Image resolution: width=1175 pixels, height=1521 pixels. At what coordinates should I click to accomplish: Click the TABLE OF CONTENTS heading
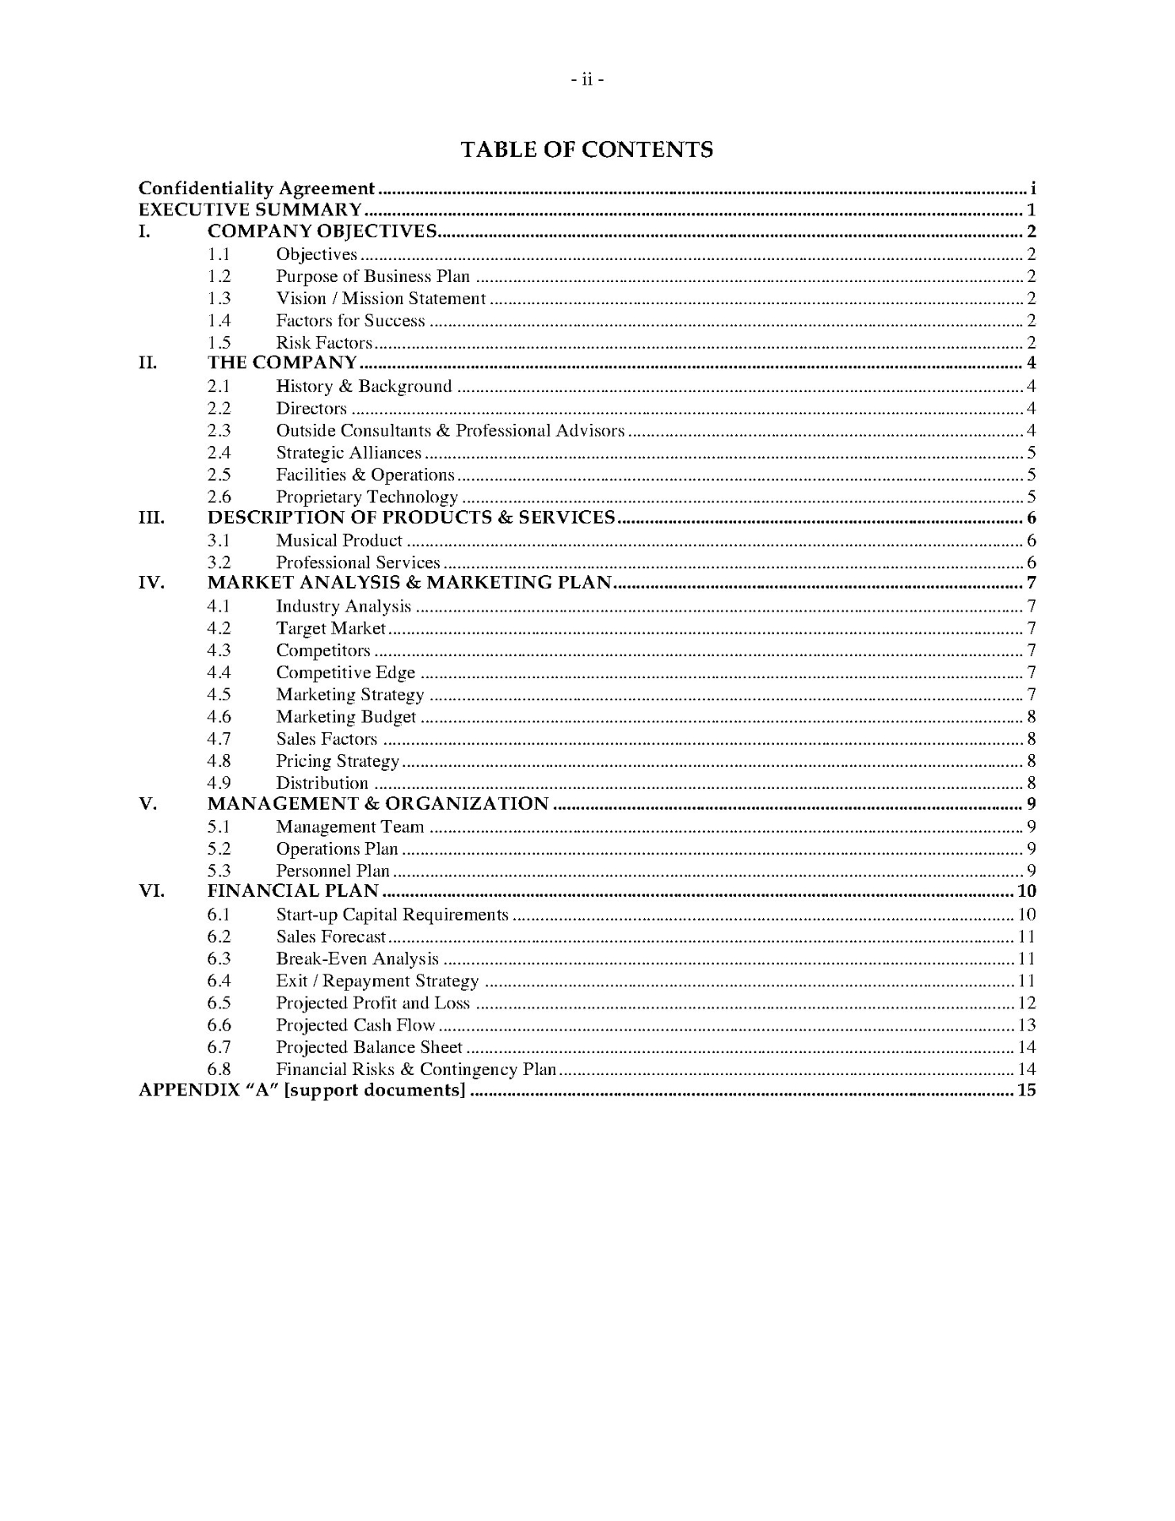[x=587, y=150]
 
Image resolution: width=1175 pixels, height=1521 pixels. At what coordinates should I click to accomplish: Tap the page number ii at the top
[x=587, y=79]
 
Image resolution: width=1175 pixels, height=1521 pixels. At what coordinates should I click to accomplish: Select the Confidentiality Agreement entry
[x=256, y=189]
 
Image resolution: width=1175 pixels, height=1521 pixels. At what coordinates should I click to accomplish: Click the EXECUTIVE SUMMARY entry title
[x=250, y=210]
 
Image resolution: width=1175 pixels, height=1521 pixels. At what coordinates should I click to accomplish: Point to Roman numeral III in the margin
[x=151, y=518]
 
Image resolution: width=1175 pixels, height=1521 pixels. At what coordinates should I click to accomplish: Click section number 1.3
[x=219, y=299]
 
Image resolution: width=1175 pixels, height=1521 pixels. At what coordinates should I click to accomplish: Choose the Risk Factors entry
[x=324, y=343]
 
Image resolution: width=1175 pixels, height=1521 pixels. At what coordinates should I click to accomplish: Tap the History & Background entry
[x=364, y=387]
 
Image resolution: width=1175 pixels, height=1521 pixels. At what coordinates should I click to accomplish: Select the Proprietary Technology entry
[x=367, y=497]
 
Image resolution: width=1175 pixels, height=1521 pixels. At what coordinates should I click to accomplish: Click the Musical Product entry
[x=339, y=541]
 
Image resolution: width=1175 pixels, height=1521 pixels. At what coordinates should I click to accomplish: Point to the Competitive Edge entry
[x=345, y=673]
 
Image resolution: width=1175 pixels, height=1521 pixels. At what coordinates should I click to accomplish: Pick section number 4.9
[x=219, y=783]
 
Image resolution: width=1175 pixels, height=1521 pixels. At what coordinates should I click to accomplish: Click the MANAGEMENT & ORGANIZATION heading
[x=378, y=804]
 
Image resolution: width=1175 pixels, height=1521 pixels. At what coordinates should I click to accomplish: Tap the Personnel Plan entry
[x=333, y=871]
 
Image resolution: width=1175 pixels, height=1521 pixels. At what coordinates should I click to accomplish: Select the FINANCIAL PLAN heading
[x=293, y=891]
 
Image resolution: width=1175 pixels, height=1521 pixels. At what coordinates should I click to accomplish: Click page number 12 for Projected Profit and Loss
[x=1027, y=1004]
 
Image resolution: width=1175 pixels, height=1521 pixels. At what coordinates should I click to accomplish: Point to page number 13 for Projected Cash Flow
[x=1027, y=1026]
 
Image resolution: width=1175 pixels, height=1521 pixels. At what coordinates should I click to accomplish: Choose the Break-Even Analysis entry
[x=357, y=959]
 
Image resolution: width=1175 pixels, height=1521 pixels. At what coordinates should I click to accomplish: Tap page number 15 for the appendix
[x=1027, y=1091]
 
